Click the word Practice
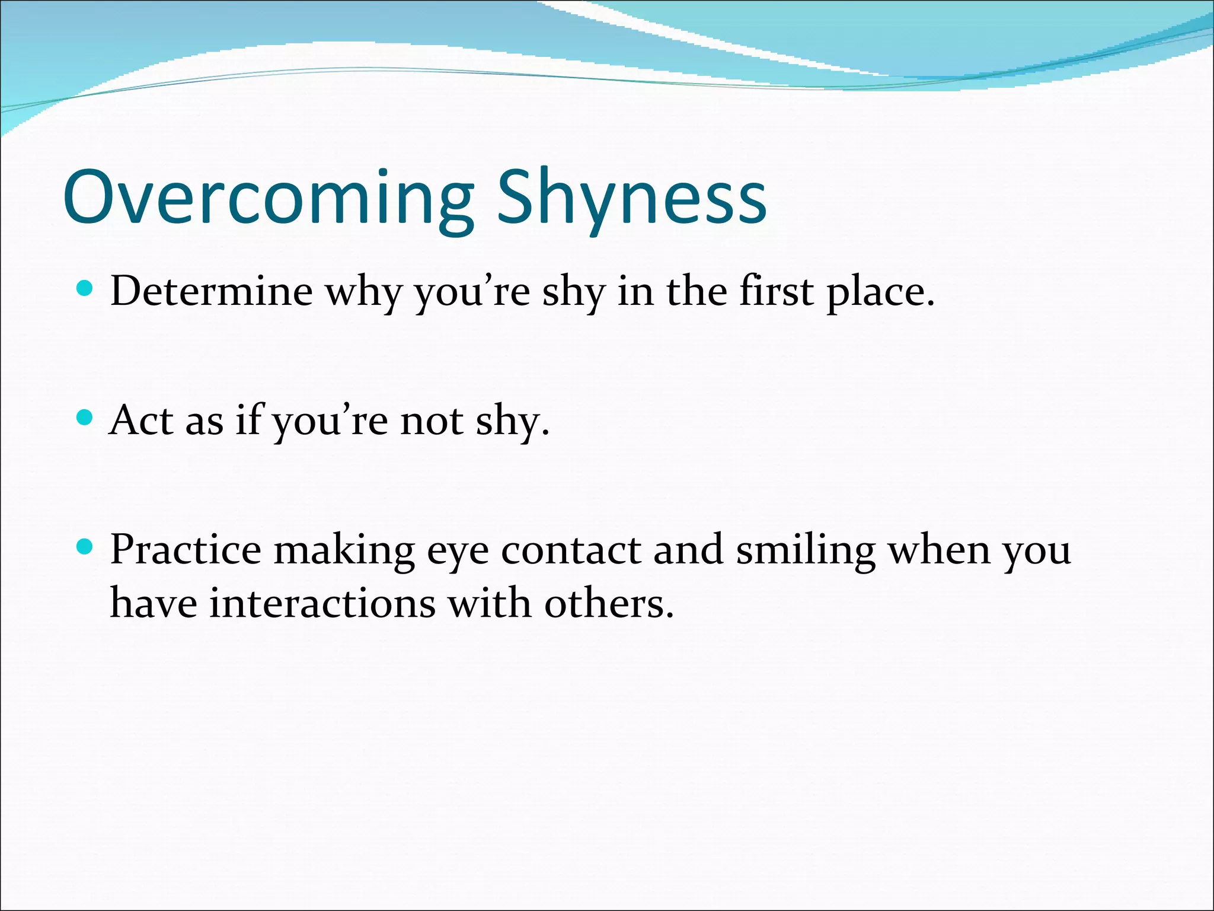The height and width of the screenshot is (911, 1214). point(186,550)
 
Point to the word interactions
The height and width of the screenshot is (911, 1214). point(322,603)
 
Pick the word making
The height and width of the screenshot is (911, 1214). point(344,551)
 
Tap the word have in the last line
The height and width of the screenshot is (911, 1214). point(154,603)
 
